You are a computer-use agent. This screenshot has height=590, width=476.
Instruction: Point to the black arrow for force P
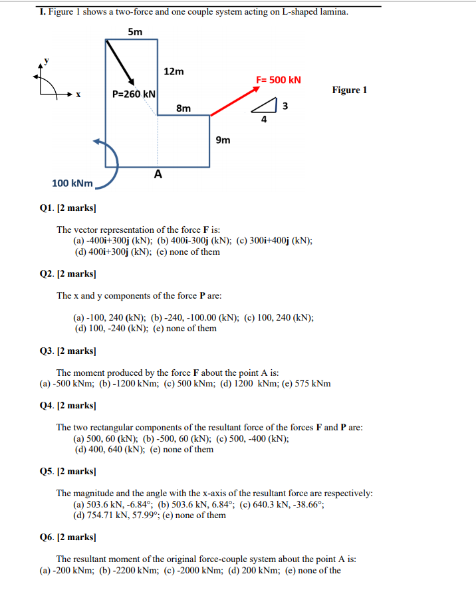click(x=122, y=64)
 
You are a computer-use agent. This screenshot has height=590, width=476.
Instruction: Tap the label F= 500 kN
click(x=279, y=80)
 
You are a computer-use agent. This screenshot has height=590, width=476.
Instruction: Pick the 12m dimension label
click(x=174, y=71)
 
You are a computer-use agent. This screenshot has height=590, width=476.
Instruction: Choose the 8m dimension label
click(x=183, y=108)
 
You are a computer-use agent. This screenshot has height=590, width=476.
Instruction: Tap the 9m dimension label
click(x=223, y=140)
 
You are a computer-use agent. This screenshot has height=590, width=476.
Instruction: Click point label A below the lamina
click(x=158, y=174)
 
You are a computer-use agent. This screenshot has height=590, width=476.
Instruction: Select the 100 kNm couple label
click(x=72, y=182)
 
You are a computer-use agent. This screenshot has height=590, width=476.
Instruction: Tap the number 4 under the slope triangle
click(x=264, y=120)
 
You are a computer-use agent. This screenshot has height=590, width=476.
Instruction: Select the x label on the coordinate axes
click(x=78, y=94)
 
